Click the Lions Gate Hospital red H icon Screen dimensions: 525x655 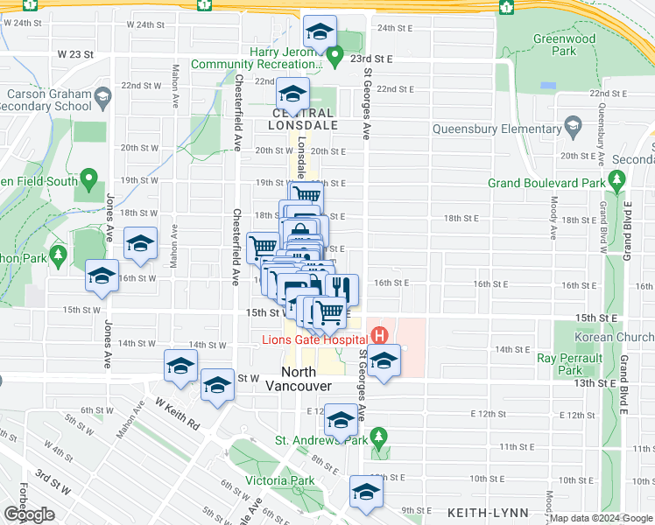[x=379, y=334]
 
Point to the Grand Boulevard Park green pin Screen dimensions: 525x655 [x=617, y=182]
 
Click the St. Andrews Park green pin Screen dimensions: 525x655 [x=378, y=435]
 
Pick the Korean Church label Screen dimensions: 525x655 [x=614, y=337]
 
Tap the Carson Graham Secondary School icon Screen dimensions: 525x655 [x=102, y=95]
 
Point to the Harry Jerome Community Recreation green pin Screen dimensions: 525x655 [x=335, y=59]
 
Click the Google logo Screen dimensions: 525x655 [x=28, y=514]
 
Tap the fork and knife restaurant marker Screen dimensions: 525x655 [x=341, y=288]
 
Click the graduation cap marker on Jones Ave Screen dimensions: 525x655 [x=102, y=276]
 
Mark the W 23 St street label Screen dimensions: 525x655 [x=75, y=54]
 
